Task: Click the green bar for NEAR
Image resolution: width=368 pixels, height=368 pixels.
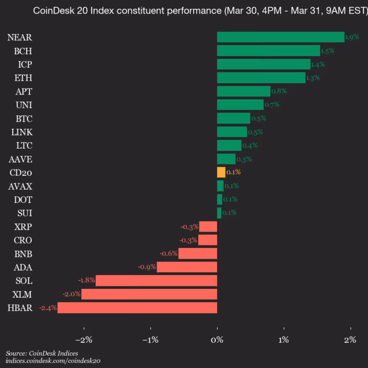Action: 281,37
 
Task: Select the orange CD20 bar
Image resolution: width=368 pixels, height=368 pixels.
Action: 221,172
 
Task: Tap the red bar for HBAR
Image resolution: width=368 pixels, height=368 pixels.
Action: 137,308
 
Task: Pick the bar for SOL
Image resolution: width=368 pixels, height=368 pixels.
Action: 156,281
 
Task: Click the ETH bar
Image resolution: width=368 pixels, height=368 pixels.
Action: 261,78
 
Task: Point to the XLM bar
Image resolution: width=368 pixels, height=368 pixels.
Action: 149,294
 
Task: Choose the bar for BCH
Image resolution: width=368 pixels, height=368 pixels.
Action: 268,51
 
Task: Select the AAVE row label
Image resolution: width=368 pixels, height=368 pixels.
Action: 21,159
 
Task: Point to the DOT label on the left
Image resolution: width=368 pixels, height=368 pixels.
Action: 24,199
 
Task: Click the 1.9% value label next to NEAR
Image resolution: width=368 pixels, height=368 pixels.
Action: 352,37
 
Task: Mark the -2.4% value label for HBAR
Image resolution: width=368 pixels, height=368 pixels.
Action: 48,308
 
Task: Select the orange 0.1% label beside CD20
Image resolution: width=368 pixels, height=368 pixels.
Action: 233,173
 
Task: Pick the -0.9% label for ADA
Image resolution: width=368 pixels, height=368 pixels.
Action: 147,267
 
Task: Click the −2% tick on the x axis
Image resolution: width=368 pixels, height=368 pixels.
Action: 83,340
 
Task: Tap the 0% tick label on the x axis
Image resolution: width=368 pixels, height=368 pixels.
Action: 217,340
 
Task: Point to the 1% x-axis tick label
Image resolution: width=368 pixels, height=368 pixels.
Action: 284,340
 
